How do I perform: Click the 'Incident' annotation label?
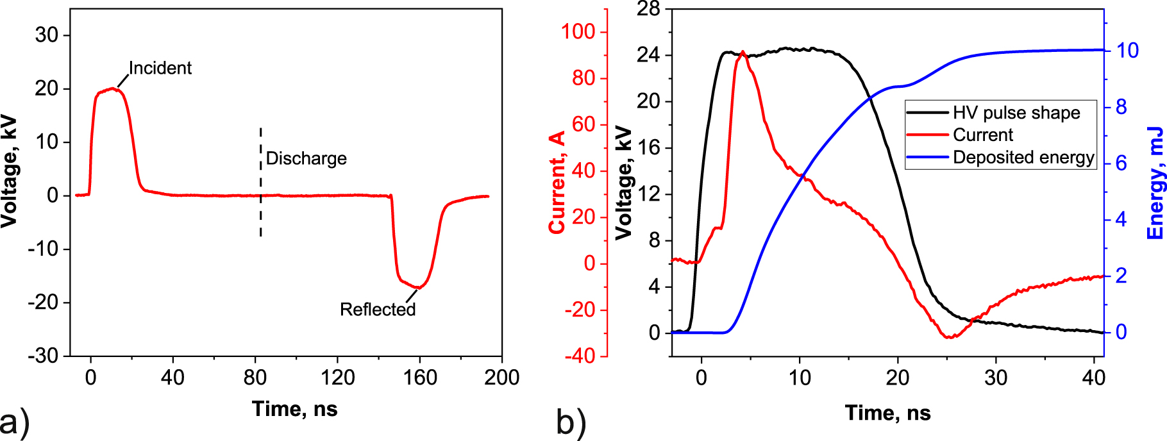(x=160, y=68)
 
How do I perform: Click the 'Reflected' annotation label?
(x=378, y=310)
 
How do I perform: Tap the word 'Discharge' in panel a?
(x=306, y=158)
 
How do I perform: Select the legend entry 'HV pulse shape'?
(x=1016, y=113)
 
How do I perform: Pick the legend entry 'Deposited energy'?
(x=1023, y=158)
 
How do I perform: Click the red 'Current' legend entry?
(x=982, y=135)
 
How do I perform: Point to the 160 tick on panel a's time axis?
(x=420, y=378)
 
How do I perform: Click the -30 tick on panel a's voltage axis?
(x=43, y=355)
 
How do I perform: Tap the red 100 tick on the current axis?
(x=578, y=31)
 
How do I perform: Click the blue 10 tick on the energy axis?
(x=1127, y=51)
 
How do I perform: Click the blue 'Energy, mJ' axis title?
(x=1155, y=183)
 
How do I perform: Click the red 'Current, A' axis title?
(x=557, y=183)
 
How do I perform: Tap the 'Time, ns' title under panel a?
(x=294, y=409)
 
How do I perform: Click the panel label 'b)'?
(x=571, y=423)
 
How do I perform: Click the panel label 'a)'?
(x=14, y=423)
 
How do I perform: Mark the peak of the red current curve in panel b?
(x=743, y=52)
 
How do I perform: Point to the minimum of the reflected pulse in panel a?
(x=419, y=287)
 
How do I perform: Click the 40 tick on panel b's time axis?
(x=1094, y=378)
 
